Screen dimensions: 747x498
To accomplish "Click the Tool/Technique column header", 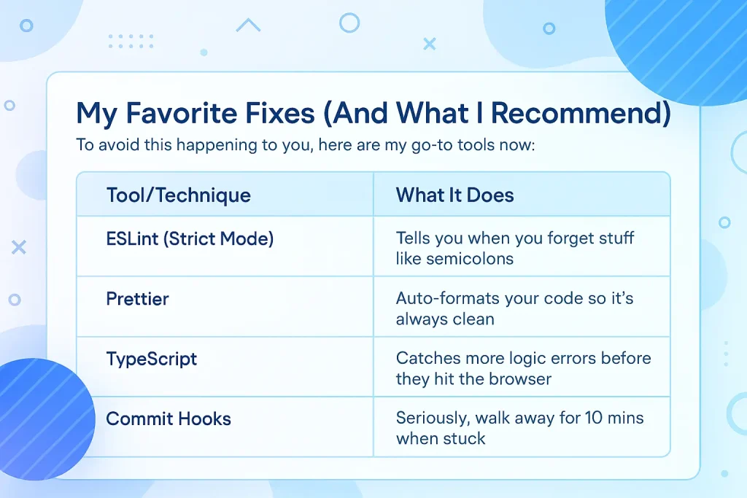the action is [178, 195].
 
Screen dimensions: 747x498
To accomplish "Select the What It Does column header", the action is [454, 195].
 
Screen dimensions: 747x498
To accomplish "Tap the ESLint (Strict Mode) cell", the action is [190, 238].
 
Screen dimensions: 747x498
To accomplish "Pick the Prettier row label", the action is [137, 299].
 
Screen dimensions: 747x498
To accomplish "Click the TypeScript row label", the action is [152, 359].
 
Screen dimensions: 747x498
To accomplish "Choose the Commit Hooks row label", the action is [169, 419].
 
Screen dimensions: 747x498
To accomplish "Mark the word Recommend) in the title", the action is [580, 113].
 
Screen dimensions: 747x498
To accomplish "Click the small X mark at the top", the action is [430, 44].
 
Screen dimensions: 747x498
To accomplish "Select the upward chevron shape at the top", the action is [248, 24].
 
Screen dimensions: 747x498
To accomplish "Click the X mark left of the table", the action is [18, 247].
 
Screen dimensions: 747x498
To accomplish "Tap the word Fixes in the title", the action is [280, 113].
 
